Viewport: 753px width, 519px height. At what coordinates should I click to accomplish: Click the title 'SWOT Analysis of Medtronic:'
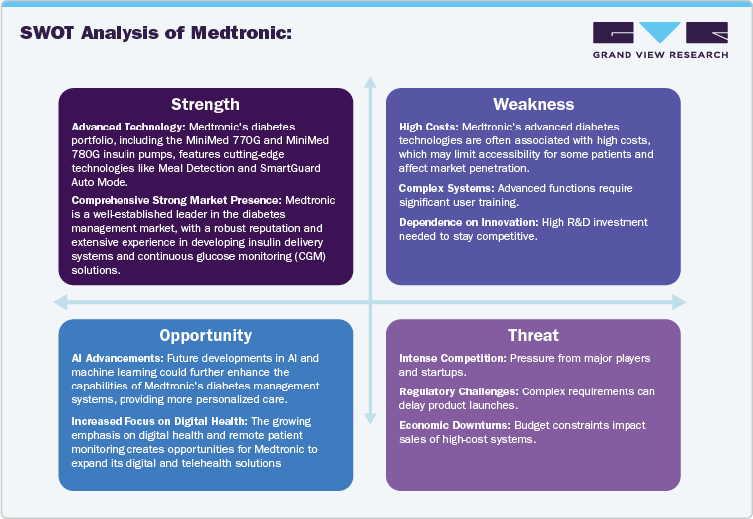click(x=155, y=32)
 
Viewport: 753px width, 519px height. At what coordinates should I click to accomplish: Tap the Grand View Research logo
click(x=658, y=40)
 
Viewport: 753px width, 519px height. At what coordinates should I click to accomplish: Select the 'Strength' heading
click(x=205, y=104)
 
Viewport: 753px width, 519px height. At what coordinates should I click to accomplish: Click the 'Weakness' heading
click(x=533, y=104)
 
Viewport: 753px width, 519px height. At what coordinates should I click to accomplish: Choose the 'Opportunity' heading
click(x=205, y=335)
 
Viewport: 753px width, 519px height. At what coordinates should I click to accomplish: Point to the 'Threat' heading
click(x=533, y=335)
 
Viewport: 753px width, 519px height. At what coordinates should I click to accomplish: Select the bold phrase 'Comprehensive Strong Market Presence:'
click(x=176, y=200)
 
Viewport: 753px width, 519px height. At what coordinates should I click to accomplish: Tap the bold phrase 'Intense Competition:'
click(x=453, y=357)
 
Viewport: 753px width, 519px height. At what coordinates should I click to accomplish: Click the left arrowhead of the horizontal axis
click(x=59, y=302)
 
